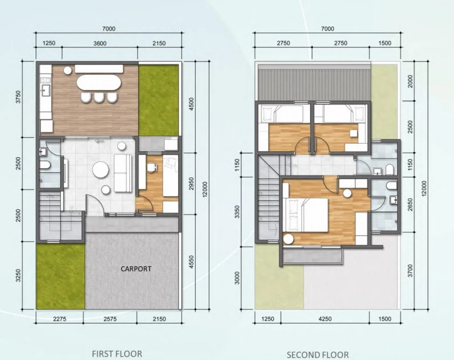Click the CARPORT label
coord(136,269)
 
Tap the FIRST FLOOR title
coord(117,354)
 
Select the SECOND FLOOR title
coord(317,355)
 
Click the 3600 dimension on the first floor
coord(100,44)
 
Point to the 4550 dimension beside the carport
coord(191,262)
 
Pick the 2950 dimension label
coord(191,183)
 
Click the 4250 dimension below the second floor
coord(325,319)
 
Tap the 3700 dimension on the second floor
coord(410,271)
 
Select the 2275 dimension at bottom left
coord(60,319)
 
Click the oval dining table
coord(99,83)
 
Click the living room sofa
coord(123,173)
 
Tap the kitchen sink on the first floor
coord(46,90)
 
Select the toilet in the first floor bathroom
coord(45,165)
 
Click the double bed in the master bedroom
coord(306,215)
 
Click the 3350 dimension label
coord(237,212)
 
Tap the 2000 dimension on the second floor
coord(410,81)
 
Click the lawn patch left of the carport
coord(60,276)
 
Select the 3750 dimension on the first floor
coord(18,97)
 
